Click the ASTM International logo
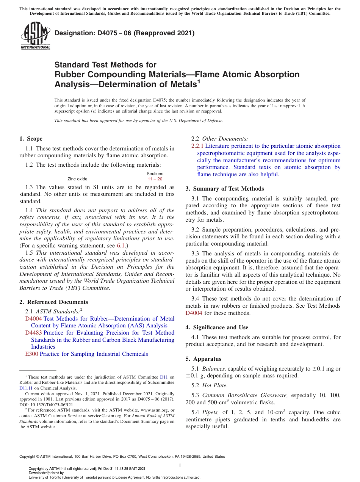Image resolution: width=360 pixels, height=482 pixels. tap(35, 36)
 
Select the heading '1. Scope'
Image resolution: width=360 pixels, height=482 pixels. tap(31, 139)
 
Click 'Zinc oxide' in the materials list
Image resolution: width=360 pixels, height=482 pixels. tap(77, 179)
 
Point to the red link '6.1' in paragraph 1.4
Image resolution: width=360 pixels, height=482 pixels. tap(121, 246)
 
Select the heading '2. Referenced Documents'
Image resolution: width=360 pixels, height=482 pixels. tap(54, 302)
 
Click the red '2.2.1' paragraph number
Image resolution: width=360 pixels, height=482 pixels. tap(197, 146)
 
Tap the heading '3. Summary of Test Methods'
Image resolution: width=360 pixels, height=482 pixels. tap(225, 189)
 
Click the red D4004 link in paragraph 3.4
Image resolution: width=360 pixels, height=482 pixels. tap(194, 313)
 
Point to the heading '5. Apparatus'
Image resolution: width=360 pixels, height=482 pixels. tap(203, 359)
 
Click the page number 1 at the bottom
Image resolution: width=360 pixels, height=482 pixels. tap(180, 465)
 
